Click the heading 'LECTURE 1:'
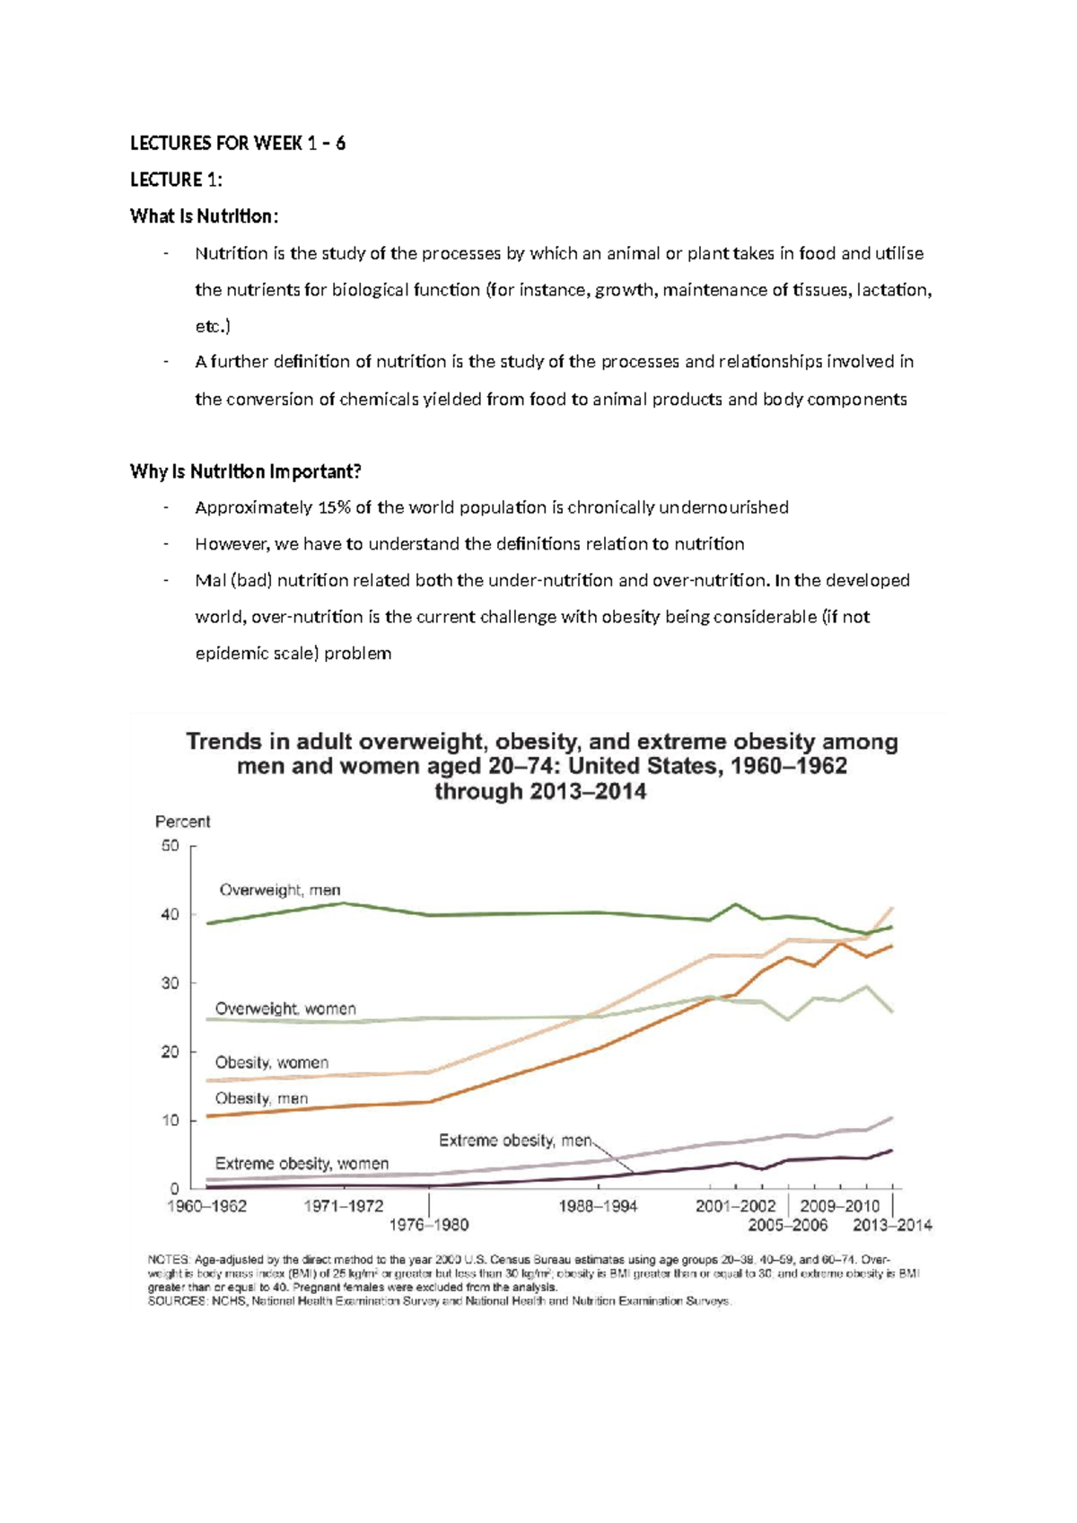[x=176, y=180]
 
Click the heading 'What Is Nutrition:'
[x=205, y=216]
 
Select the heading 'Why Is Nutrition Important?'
[x=245, y=471]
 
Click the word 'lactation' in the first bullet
[x=893, y=290]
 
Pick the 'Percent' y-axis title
[x=182, y=822]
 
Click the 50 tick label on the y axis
[x=171, y=846]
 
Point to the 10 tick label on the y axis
[x=171, y=1121]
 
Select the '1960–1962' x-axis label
[x=206, y=1206]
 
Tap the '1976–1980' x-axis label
[x=428, y=1224]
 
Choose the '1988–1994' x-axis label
[x=598, y=1206]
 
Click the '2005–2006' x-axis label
[x=788, y=1224]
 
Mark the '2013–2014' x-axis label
[x=892, y=1224]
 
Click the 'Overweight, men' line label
[x=280, y=890]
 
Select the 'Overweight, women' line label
[x=285, y=1008]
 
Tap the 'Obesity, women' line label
[x=271, y=1062]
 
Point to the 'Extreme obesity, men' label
[x=515, y=1140]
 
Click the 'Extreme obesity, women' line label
[x=302, y=1164]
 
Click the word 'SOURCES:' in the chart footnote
[x=178, y=1301]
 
